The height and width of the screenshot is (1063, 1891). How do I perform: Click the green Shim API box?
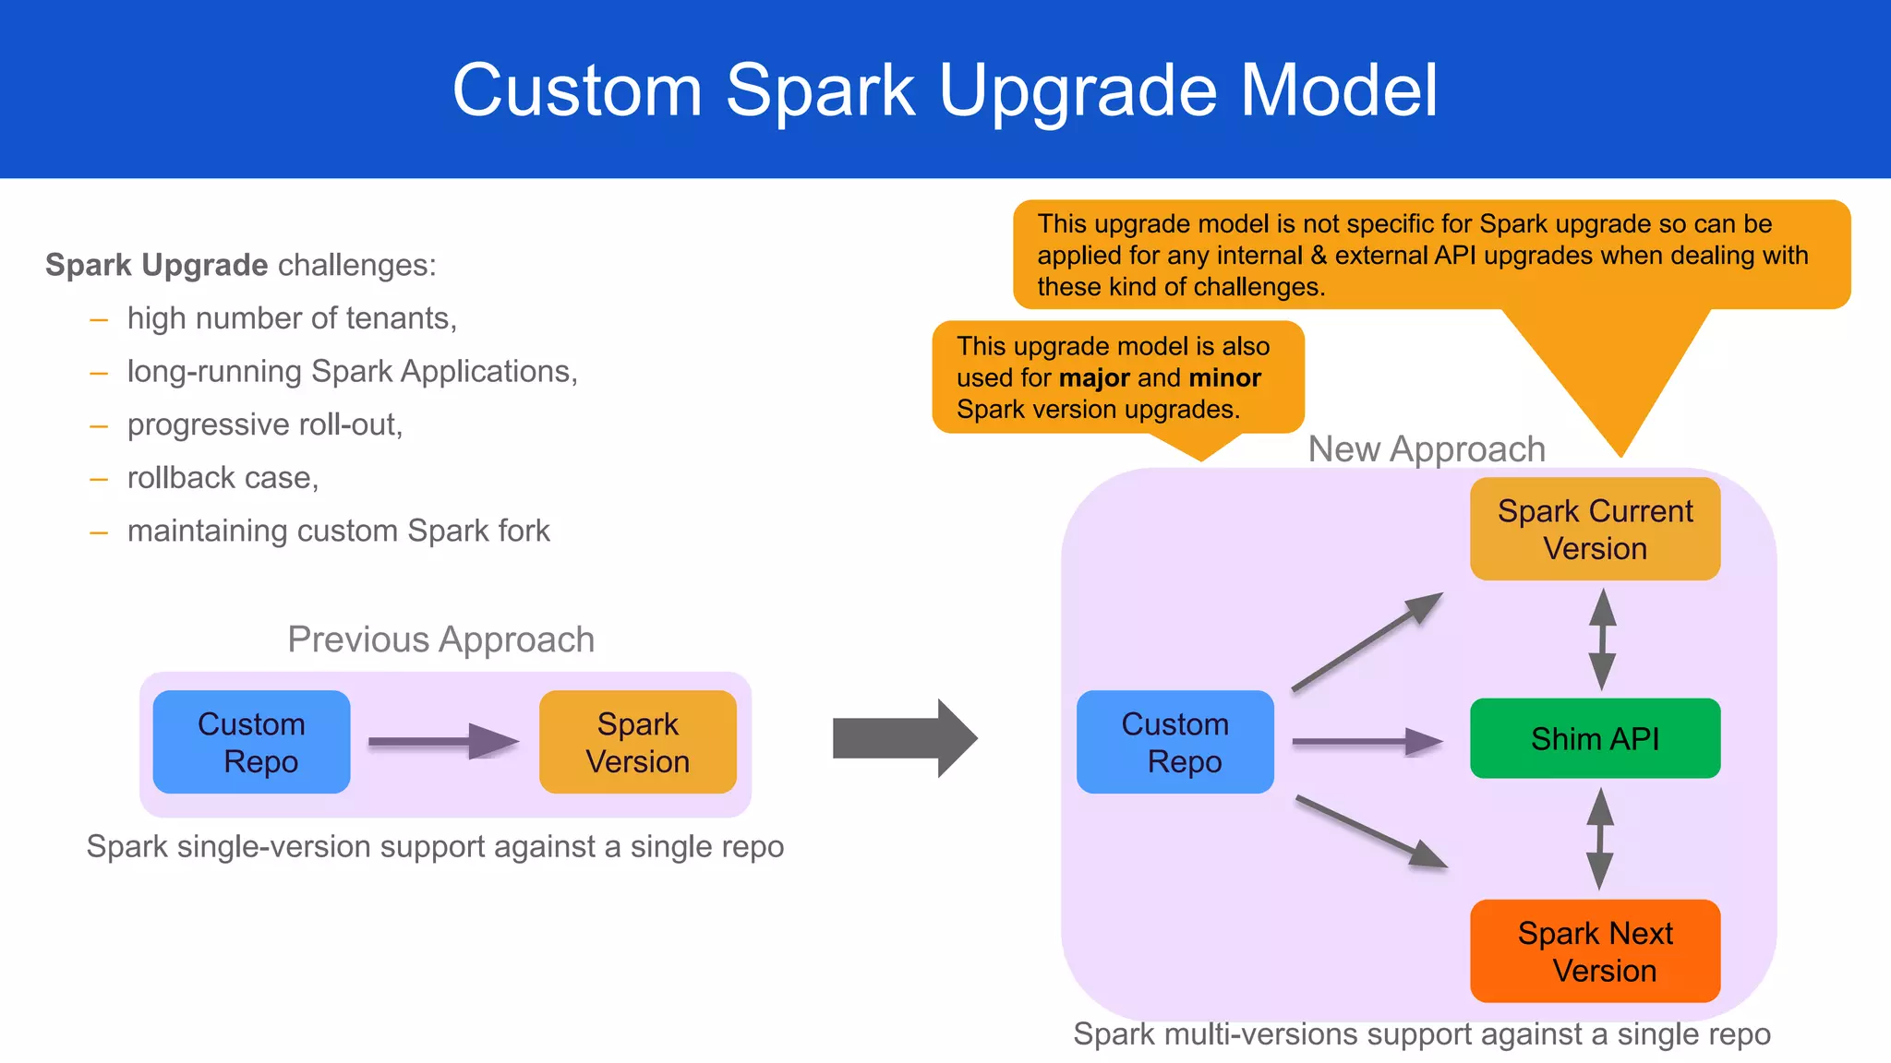(1595, 738)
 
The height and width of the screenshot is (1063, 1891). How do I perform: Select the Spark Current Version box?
(1595, 529)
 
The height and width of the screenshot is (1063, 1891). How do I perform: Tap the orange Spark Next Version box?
(1595, 950)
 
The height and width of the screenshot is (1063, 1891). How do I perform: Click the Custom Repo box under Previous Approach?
(251, 742)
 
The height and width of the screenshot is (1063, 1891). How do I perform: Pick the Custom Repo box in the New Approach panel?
(1174, 742)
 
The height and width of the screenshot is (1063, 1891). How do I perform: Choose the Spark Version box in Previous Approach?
(637, 742)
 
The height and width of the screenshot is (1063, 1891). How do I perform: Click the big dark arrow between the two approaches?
(903, 738)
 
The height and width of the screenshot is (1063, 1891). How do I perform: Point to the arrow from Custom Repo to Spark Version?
(443, 741)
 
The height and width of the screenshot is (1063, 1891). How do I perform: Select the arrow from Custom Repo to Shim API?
(1367, 741)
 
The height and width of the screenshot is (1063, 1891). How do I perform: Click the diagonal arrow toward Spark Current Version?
(1367, 642)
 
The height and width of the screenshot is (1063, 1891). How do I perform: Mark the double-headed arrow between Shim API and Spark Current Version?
(1602, 639)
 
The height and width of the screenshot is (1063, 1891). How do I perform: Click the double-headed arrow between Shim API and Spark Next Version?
(1600, 839)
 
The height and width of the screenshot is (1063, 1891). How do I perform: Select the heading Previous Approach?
(440, 639)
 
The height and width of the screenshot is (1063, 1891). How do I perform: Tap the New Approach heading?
(1427, 449)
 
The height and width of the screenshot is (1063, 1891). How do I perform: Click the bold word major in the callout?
(1095, 378)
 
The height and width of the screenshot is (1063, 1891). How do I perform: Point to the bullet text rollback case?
(223, 478)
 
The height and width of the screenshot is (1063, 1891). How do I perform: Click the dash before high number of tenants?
(99, 320)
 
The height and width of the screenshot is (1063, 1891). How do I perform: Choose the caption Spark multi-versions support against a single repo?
(1421, 1034)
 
